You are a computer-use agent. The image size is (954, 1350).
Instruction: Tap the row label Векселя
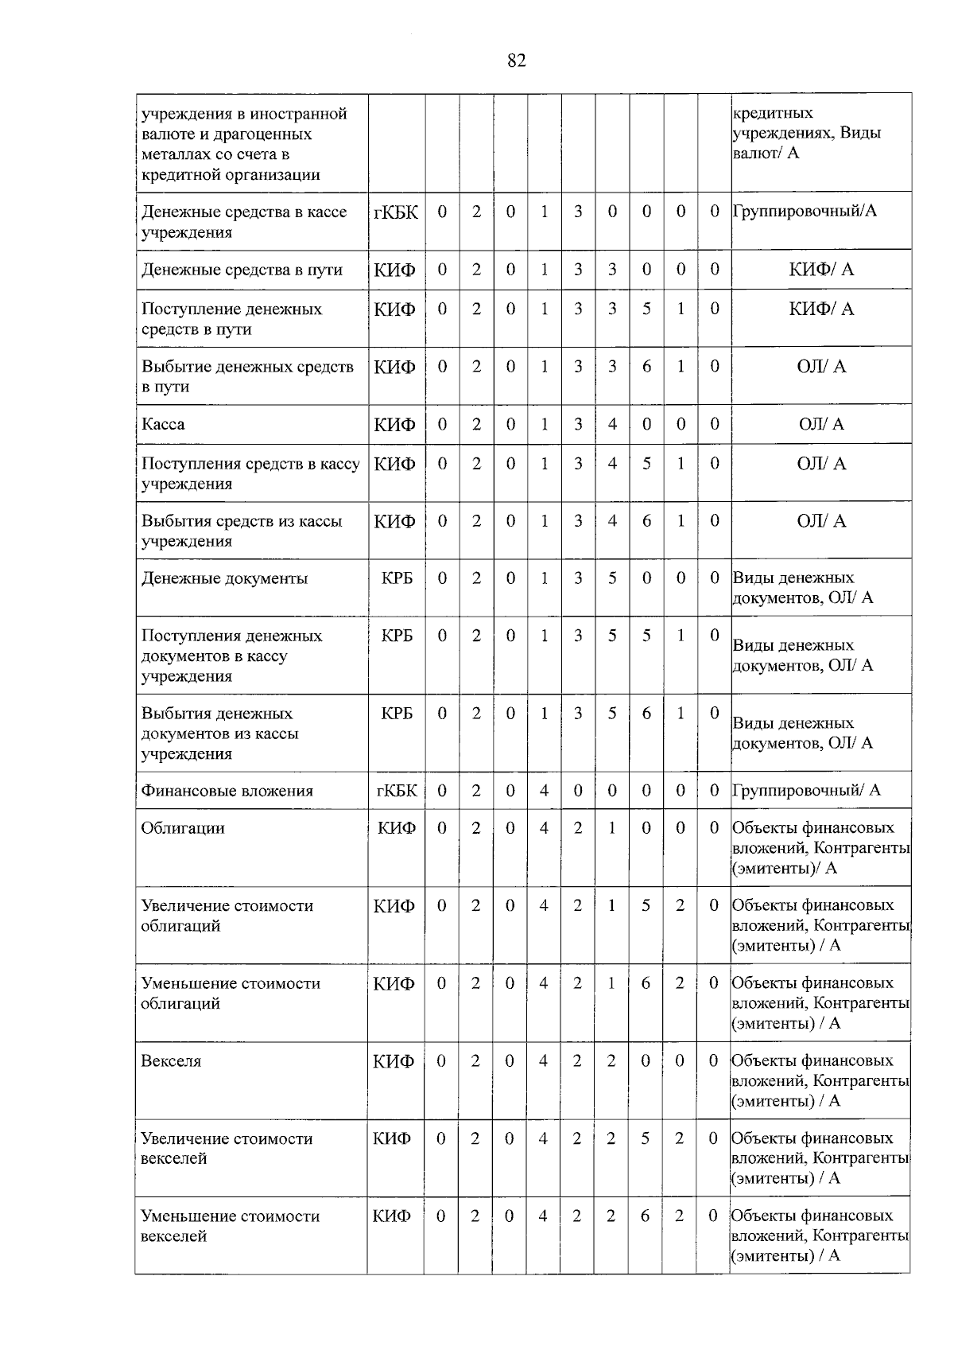tap(171, 1061)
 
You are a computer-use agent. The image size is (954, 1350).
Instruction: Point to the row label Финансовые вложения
tap(227, 791)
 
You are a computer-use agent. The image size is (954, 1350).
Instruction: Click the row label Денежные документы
tap(224, 578)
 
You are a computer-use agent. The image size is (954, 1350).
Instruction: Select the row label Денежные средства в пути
tap(242, 270)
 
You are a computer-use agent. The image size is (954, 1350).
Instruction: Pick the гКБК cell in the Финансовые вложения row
tap(396, 791)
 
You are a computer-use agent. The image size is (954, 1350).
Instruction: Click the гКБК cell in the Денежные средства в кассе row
tap(396, 212)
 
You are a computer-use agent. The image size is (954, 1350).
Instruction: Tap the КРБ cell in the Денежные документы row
tap(397, 578)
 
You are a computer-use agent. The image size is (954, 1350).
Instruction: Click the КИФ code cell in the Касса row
tap(395, 424)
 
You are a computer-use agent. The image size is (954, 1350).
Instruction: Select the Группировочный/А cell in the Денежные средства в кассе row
tap(804, 211)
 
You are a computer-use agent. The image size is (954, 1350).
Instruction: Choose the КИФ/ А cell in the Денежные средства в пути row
tap(821, 270)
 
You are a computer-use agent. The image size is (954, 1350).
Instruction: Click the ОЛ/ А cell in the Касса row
tap(821, 424)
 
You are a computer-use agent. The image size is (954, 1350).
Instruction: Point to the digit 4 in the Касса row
tap(612, 424)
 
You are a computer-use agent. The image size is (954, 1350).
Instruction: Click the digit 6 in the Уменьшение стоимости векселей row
tap(646, 1216)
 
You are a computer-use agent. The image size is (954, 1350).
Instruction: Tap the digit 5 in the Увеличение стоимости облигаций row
tap(646, 906)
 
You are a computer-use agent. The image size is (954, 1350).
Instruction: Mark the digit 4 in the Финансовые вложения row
tap(544, 791)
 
